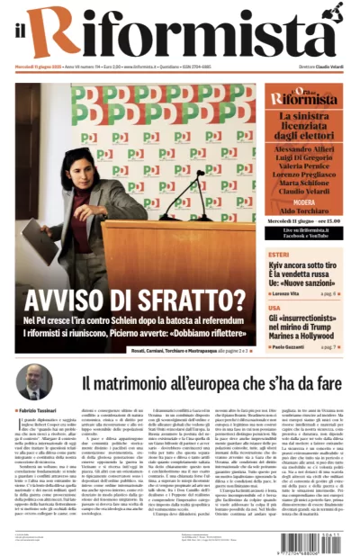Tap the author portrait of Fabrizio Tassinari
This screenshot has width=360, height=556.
33,383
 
